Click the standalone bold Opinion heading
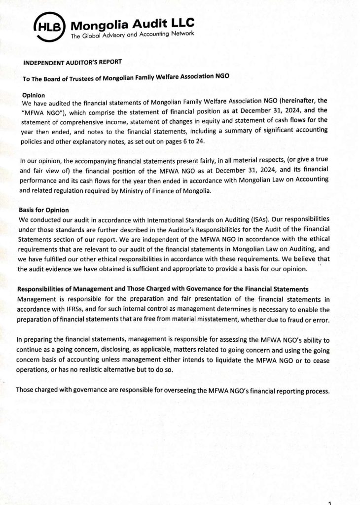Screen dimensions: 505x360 coord(35,95)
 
